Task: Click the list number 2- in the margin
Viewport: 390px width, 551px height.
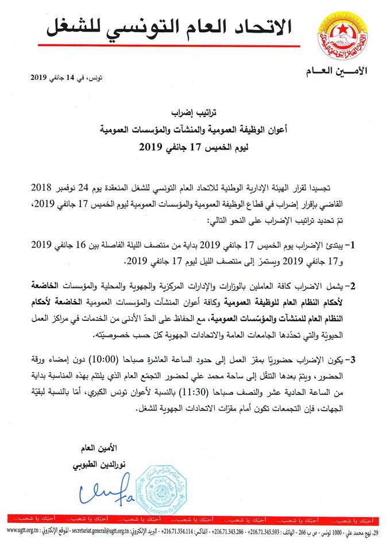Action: point(361,285)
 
